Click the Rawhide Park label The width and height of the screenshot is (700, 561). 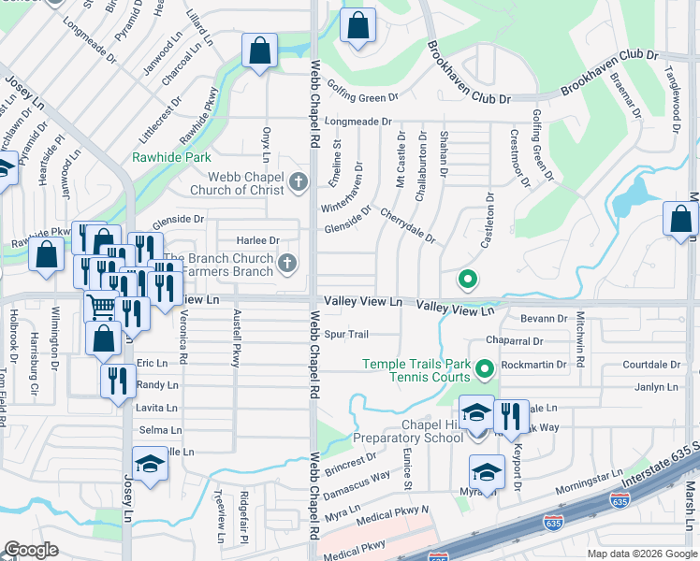170,157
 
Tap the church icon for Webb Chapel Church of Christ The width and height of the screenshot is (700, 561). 299,181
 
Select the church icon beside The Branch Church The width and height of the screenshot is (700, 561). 288,265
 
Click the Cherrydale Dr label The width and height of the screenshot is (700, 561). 407,225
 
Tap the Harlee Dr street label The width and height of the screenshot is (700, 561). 261,240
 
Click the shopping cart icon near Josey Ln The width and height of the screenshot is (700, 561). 101,306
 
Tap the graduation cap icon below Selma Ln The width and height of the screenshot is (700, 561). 149,464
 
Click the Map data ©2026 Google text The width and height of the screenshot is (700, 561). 642,554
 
